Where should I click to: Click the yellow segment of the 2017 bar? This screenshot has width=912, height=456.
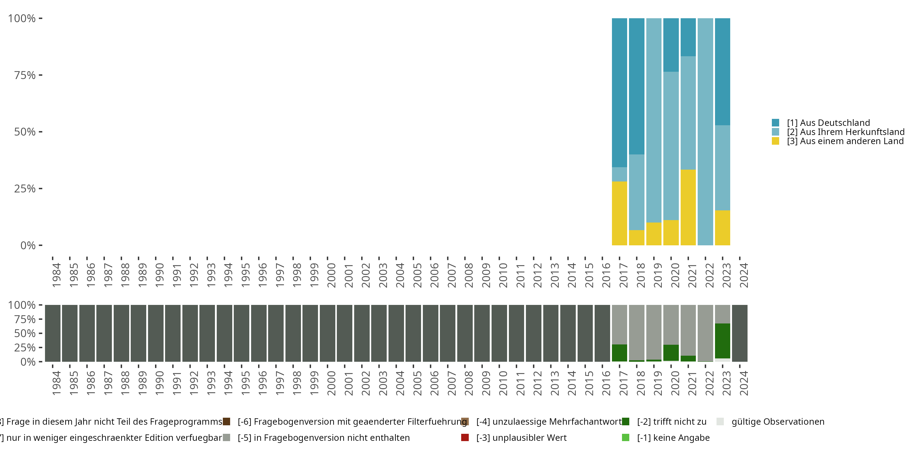(619, 213)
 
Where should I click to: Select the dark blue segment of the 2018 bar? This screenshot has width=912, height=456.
(637, 86)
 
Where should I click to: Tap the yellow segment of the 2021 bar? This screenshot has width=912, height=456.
(688, 207)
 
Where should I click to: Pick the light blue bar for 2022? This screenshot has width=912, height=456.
(705, 132)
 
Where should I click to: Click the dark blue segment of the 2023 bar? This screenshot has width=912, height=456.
(722, 71)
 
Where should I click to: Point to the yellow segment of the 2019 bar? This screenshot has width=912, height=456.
(654, 234)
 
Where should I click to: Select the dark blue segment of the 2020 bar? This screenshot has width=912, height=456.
(671, 45)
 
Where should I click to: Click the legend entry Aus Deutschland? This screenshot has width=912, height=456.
(828, 123)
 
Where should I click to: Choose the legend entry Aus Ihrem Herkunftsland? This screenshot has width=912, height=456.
(845, 132)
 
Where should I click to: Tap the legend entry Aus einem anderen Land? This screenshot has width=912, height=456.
(845, 141)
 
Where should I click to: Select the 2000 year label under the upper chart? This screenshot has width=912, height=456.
(331, 275)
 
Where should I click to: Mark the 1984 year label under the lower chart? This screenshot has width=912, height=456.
(57, 383)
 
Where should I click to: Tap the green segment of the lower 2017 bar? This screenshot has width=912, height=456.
(619, 353)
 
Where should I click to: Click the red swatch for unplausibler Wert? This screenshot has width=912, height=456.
(465, 437)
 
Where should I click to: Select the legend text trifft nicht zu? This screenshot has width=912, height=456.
(672, 422)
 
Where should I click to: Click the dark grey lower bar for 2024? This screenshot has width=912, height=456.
(740, 333)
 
